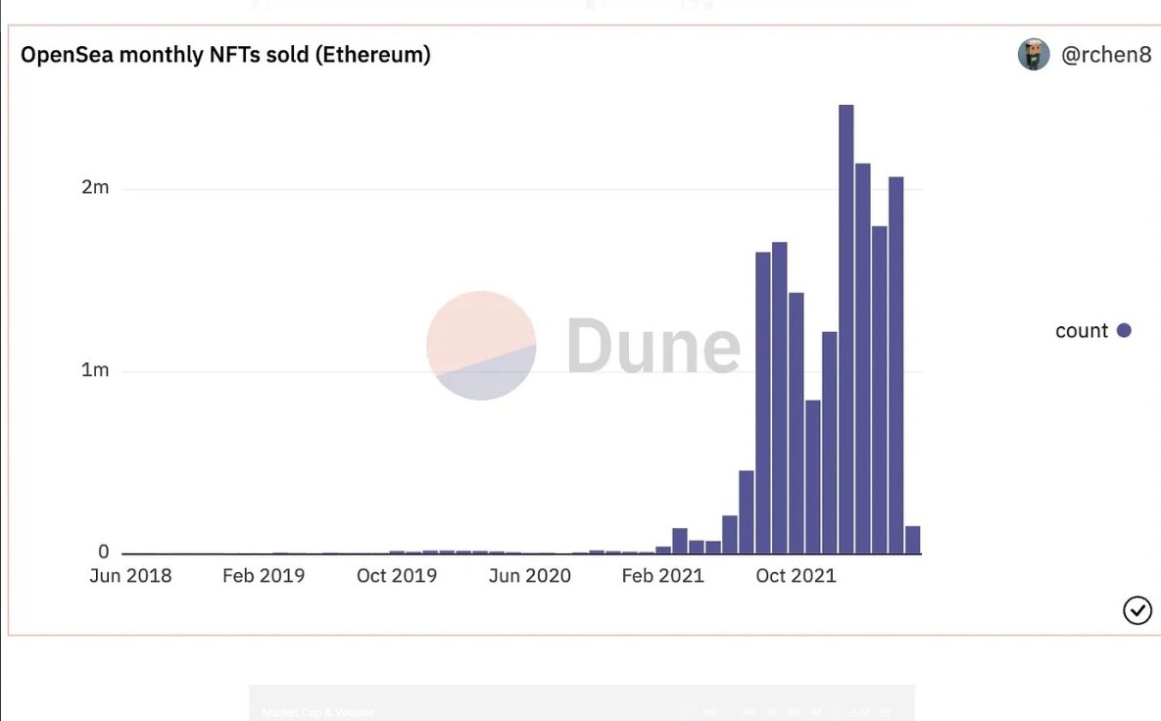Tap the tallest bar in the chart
tap(846, 328)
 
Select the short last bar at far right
tap(912, 540)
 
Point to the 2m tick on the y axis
tap(95, 187)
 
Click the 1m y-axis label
tap(95, 370)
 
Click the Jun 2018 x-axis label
tap(130, 576)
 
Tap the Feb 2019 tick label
tap(264, 576)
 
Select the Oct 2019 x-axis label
tap(397, 576)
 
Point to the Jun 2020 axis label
tap(529, 576)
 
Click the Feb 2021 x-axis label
tap(662, 576)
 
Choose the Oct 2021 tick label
tap(796, 576)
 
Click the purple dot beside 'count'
tap(1124, 330)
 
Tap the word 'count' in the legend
tap(1082, 331)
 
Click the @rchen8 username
tap(1106, 55)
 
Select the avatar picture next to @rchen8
tap(1034, 55)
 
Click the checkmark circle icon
tap(1137, 610)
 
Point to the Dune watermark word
tap(653, 346)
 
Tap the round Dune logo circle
tap(481, 345)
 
